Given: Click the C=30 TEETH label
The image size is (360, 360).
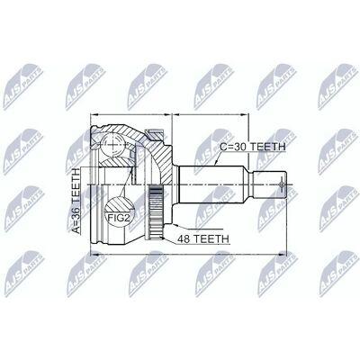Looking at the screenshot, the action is (253, 147).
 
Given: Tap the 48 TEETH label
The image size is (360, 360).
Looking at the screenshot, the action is (203, 239).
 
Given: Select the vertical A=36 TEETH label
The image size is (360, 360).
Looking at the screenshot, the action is (76, 201).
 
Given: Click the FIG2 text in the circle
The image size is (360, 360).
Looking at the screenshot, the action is (119, 218).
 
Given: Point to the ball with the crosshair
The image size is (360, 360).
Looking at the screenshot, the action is (112, 145).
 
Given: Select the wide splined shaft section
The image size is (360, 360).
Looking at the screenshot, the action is (213, 184).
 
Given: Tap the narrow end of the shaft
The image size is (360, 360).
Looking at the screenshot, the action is (269, 184).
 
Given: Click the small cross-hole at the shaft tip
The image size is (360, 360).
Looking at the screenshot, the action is (282, 184).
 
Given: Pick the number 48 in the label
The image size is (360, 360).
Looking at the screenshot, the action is (184, 239).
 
